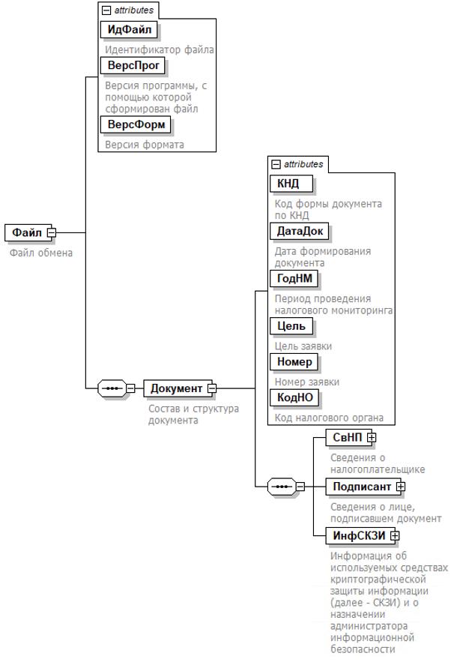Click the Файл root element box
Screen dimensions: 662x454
tap(27, 232)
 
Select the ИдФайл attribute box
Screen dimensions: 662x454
tap(132, 30)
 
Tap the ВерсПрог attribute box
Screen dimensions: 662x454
tap(131, 66)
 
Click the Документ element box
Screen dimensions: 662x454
tap(176, 388)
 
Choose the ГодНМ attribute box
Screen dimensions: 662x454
tap(294, 279)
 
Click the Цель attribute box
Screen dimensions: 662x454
tap(291, 326)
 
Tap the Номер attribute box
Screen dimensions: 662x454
tap(294, 362)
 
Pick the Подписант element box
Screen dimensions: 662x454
tap(362, 487)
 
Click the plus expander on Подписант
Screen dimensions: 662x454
tap(401, 487)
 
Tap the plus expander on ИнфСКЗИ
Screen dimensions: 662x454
tap(395, 535)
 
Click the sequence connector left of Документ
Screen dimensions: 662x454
tap(112, 388)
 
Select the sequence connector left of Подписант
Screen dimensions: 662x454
tap(282, 487)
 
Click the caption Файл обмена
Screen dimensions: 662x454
tap(41, 253)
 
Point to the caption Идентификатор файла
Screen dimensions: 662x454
tap(160, 49)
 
